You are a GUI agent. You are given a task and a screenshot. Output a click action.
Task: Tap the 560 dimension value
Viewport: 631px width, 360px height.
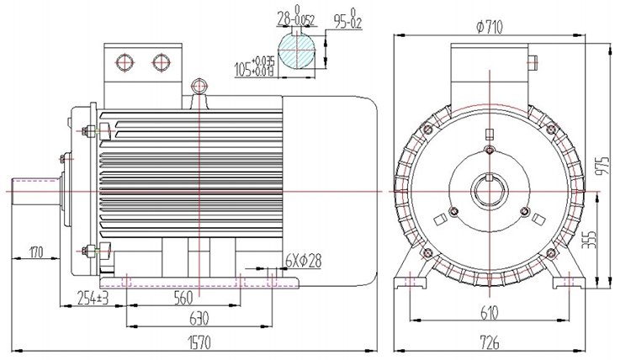click(x=183, y=297)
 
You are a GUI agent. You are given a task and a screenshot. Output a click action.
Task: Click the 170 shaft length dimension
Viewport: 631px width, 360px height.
click(x=36, y=251)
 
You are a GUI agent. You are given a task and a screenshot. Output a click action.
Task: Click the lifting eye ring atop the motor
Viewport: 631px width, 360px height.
click(x=199, y=86)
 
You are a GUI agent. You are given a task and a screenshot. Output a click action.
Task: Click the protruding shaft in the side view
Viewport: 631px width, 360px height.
click(x=34, y=191)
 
